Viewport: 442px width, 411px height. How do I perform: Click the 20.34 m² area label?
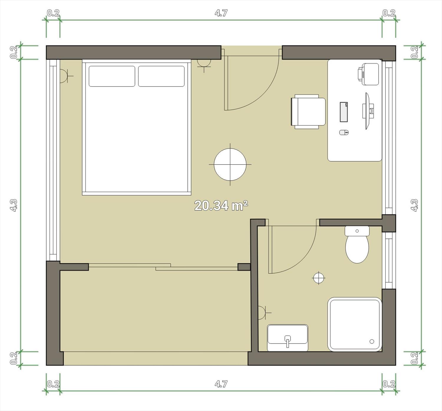pos(221,206)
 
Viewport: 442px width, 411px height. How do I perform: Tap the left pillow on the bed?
pos(112,76)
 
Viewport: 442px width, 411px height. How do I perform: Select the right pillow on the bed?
pos(161,76)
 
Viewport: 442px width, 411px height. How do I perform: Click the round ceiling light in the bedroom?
pos(230,165)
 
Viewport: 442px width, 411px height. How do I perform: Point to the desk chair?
pos(308,112)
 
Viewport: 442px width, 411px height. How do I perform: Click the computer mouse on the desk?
pos(344,132)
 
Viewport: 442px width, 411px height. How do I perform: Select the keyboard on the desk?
pos(344,112)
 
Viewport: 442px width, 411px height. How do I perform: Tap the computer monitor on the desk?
pos(368,111)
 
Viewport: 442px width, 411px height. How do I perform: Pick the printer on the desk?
pos(368,74)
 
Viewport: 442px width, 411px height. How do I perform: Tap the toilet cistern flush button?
pos(357,231)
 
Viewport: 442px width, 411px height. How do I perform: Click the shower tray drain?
pos(372,342)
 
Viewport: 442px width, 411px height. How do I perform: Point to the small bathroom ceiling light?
pos(319,278)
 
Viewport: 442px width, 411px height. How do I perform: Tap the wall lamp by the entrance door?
pos(204,64)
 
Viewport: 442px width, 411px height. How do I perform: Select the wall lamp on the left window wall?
pos(64,76)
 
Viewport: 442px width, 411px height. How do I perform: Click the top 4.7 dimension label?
pos(221,13)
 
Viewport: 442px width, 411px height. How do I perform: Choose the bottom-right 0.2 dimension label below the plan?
pos(389,384)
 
